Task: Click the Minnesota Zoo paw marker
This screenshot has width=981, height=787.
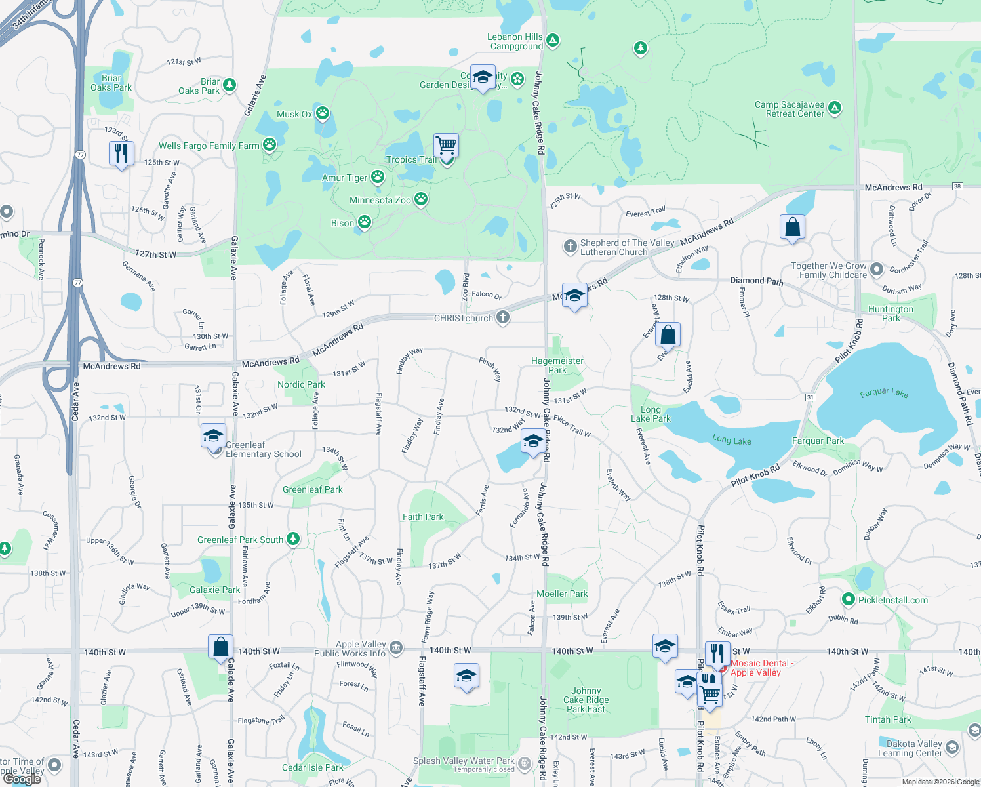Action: pos(421,199)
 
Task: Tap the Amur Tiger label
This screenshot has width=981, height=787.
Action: pos(344,178)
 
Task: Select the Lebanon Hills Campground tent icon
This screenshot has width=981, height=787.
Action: pos(553,41)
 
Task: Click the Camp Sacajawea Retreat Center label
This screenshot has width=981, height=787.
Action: pos(789,109)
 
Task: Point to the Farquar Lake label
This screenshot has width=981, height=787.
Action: pos(884,393)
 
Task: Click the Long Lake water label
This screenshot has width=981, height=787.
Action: pos(732,440)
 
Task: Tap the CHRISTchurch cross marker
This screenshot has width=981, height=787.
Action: pos(503,317)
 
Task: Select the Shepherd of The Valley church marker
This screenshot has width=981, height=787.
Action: pos(570,247)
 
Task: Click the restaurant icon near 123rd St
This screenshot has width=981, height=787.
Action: pos(121,153)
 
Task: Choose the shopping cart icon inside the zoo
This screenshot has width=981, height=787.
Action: pos(446,145)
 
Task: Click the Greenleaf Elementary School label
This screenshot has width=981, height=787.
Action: pos(263,449)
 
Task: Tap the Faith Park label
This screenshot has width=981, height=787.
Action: pos(423,517)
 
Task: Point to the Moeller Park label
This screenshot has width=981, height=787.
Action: pos(562,594)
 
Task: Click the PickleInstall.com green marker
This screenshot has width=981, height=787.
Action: pos(848,599)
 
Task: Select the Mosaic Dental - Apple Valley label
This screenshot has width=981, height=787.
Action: pos(761,668)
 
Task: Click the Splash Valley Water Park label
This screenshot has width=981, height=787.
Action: pos(464,761)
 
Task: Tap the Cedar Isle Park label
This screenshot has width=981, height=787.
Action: pos(312,767)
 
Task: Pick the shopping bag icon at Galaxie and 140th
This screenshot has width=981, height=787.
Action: pos(221,647)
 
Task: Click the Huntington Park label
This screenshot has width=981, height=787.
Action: pos(891,313)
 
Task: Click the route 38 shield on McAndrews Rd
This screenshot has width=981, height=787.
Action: pos(958,186)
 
